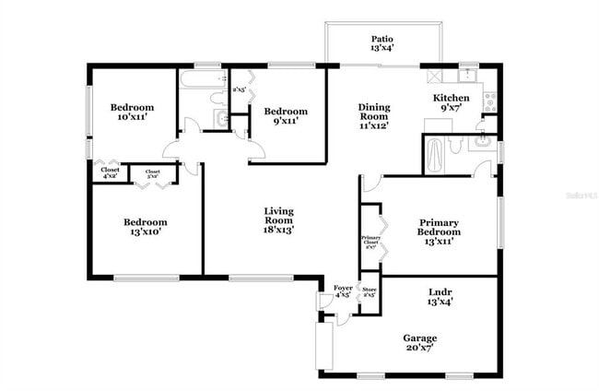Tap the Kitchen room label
452,103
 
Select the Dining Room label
374,116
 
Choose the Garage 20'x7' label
418,343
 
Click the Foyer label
343,292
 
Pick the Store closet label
369,291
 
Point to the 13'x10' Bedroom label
146,227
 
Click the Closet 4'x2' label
110,172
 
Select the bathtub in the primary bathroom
434,154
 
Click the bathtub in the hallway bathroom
195,80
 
